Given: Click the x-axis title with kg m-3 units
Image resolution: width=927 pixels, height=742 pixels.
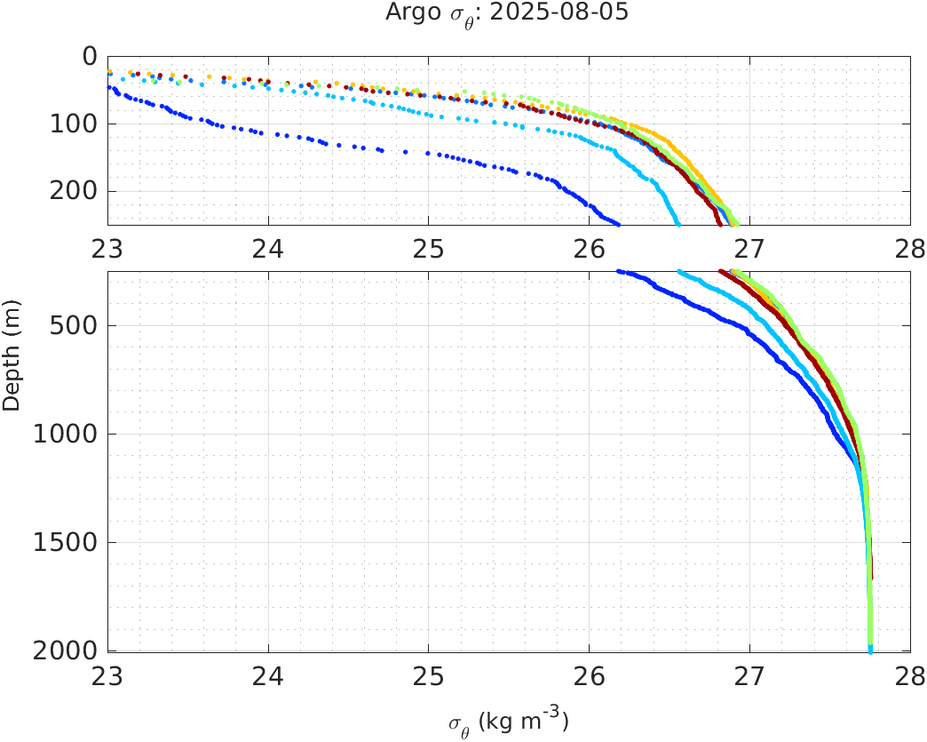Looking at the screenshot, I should pos(508,721).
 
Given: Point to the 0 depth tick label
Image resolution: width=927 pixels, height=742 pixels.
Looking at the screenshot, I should pos(89,56).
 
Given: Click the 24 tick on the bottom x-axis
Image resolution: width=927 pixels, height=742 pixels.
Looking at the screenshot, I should pos(268,677).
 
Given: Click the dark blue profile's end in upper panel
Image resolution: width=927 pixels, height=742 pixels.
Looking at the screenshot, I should pos(618,223).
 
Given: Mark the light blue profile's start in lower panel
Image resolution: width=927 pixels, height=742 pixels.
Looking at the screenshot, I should pos(679,272).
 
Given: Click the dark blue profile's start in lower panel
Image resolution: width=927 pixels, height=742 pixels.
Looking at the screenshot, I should pos(620,272).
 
